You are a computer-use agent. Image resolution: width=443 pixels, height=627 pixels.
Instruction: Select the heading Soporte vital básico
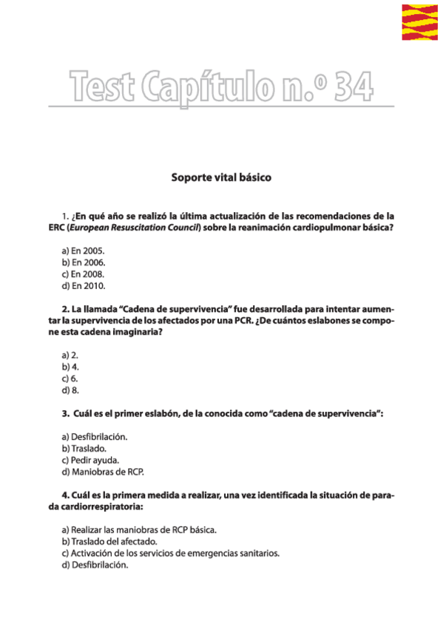[221, 178]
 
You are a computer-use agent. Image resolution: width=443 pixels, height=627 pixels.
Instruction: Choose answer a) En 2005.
[83, 251]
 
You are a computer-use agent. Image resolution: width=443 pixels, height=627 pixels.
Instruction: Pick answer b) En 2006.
[83, 262]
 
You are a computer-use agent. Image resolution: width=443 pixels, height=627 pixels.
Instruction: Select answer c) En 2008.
[83, 274]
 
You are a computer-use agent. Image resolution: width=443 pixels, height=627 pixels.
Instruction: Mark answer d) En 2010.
[83, 285]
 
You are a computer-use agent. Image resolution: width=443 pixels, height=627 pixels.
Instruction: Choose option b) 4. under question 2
[70, 366]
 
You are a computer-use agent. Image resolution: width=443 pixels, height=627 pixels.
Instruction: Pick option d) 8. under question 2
[70, 390]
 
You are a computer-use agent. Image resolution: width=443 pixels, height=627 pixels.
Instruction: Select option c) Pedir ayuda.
[90, 459]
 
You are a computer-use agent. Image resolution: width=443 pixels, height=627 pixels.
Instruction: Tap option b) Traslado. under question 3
[84, 448]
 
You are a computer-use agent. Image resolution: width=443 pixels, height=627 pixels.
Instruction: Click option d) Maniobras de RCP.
[103, 471]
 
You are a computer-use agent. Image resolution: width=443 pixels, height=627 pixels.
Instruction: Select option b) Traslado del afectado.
[109, 541]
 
